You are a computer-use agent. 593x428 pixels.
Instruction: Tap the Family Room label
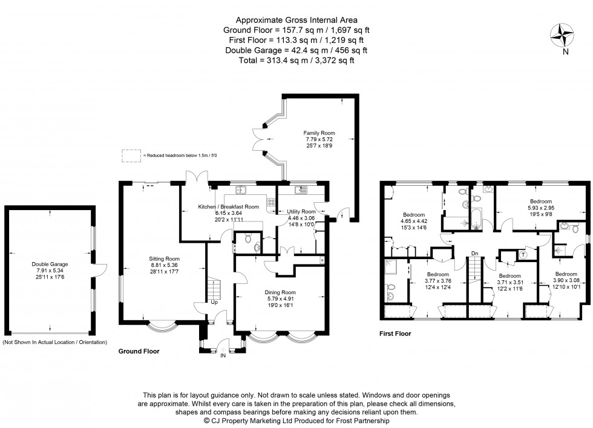[x=320, y=133]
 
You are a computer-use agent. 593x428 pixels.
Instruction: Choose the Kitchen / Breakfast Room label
[x=229, y=206]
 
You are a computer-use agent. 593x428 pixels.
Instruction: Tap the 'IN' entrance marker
[x=223, y=356]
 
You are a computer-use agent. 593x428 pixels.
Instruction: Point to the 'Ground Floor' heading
[x=138, y=351]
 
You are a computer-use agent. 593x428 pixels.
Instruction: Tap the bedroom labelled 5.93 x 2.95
[x=540, y=202]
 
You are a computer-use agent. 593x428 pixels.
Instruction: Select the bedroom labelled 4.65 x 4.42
[x=414, y=215]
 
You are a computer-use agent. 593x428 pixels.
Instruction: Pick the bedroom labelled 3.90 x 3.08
[x=566, y=274]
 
